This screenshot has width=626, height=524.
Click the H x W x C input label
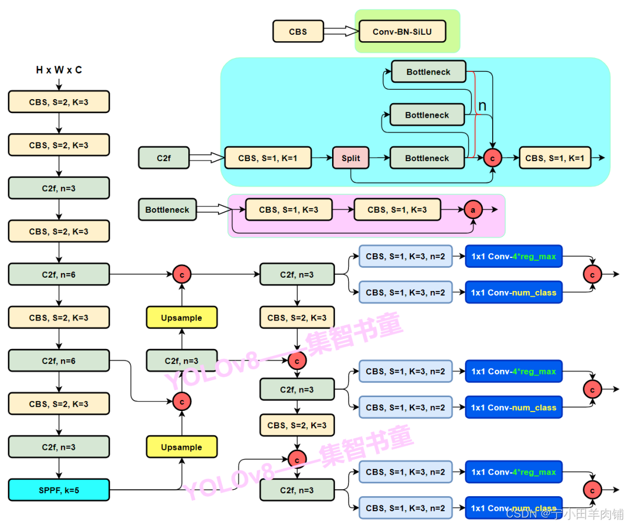tap(59, 70)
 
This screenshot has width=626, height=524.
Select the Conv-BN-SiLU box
tap(402, 32)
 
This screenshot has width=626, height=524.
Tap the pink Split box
tap(351, 158)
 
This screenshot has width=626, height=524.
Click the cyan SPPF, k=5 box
tap(59, 490)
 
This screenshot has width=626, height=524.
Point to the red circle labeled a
tap(472, 210)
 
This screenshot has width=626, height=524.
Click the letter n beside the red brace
tap(482, 106)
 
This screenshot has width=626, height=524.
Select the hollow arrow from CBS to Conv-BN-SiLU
tap(341, 31)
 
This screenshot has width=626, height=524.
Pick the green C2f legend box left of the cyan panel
tap(163, 158)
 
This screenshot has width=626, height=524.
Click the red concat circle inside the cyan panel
tap(493, 158)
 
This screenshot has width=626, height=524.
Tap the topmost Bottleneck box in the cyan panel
tap(428, 72)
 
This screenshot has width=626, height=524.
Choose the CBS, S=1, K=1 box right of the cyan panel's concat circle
tap(555, 158)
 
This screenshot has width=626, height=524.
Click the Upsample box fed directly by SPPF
tap(181, 447)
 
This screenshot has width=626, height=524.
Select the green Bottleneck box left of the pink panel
tap(167, 210)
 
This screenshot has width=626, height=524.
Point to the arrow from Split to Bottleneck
tap(379, 158)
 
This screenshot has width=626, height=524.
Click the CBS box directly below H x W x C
tap(59, 101)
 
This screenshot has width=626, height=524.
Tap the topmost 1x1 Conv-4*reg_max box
tap(513, 256)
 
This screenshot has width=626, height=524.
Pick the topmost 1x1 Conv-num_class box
tap(513, 293)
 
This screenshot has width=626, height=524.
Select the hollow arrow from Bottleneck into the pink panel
tap(213, 210)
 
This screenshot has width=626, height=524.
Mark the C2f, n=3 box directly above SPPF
tap(59, 447)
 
